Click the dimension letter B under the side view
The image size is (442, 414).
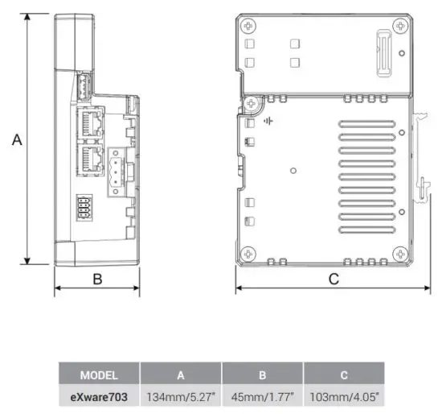coord(96,279)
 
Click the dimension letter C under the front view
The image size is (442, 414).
coord(333,279)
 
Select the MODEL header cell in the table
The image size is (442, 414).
coord(99,375)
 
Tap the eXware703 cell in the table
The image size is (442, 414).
coord(99,395)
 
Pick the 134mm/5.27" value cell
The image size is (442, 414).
coord(181,395)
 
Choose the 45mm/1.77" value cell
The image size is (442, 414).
coord(262,395)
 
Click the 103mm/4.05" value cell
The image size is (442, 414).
coord(345,395)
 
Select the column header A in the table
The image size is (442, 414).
coord(181,375)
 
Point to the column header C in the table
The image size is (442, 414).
coord(345,375)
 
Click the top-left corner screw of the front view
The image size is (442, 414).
coord(252,103)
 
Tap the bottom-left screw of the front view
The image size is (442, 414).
coord(250,252)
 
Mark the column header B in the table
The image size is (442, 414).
coord(262,375)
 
